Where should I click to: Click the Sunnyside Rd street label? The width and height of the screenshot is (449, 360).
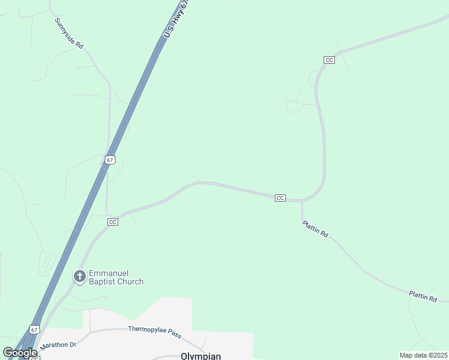coord(69,33)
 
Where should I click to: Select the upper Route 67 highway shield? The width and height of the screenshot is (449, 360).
coord(109,160)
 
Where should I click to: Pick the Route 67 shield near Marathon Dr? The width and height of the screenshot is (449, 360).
coord(35,330)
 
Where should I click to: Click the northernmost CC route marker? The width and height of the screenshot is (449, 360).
coord(328,60)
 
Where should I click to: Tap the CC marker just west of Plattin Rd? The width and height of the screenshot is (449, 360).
coord(280,198)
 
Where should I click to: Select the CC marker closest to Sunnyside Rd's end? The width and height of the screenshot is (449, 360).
coord(113,222)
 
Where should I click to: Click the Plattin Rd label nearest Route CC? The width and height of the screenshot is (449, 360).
coord(315,229)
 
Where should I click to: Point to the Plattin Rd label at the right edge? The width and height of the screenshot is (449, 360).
coord(423,296)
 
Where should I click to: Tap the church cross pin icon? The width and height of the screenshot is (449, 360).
coord(79,277)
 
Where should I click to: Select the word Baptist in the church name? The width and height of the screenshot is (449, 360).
coord(104,281)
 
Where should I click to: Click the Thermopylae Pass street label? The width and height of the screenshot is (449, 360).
coord(154,329)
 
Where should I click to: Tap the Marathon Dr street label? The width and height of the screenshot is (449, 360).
coord(58,346)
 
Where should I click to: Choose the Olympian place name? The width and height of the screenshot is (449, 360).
coord(200,356)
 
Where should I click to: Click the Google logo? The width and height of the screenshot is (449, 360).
coord(20,353)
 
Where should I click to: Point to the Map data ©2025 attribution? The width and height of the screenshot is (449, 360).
coord(423,355)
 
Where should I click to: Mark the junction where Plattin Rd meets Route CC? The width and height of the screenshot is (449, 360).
coord(301,202)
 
